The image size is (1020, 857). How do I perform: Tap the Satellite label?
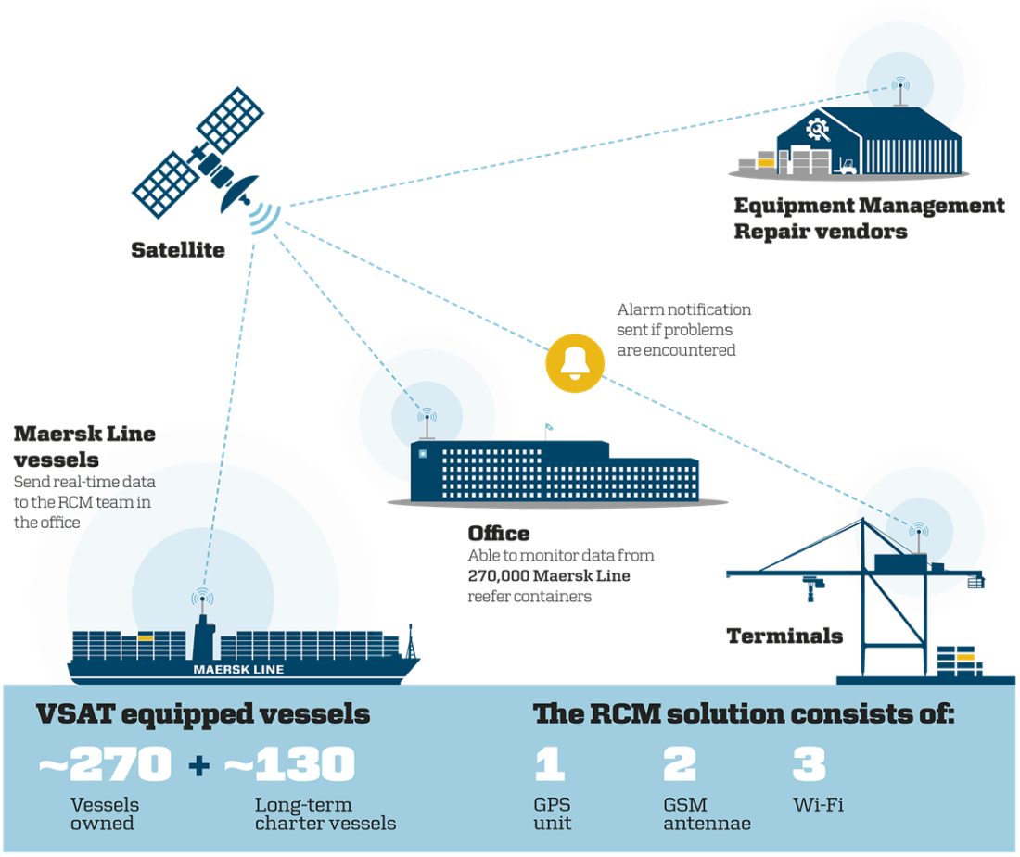(x=177, y=249)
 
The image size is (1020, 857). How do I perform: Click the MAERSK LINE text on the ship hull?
(x=238, y=669)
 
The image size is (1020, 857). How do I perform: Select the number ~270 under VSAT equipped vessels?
(x=105, y=765)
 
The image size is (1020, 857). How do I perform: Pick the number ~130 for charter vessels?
(x=289, y=765)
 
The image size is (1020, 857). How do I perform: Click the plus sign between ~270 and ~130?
(x=198, y=766)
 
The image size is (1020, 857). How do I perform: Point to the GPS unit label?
(x=554, y=813)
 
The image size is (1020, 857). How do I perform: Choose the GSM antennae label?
(x=707, y=813)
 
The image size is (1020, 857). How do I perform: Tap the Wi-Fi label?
(x=818, y=805)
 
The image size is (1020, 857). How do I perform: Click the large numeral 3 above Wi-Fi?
(x=809, y=764)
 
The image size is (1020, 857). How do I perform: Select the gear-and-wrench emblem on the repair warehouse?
(x=818, y=129)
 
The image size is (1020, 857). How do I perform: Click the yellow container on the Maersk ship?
(x=145, y=638)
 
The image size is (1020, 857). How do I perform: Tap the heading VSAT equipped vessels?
(x=202, y=715)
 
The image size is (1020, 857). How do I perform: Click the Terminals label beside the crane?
(x=784, y=636)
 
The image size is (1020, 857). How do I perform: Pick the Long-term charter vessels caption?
(x=325, y=813)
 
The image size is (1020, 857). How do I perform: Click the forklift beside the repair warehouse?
(x=846, y=166)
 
